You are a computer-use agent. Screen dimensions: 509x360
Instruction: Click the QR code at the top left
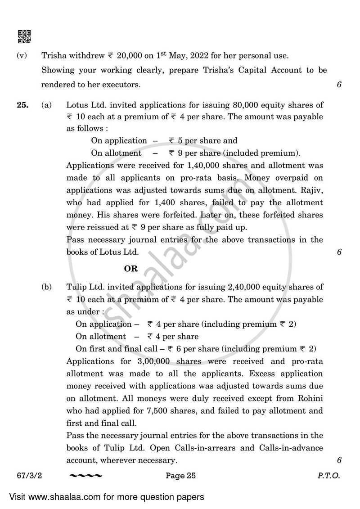tap(24, 36)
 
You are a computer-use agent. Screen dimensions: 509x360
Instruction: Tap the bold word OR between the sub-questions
tap(130, 269)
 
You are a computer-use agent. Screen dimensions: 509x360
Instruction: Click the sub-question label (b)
tap(46, 287)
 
